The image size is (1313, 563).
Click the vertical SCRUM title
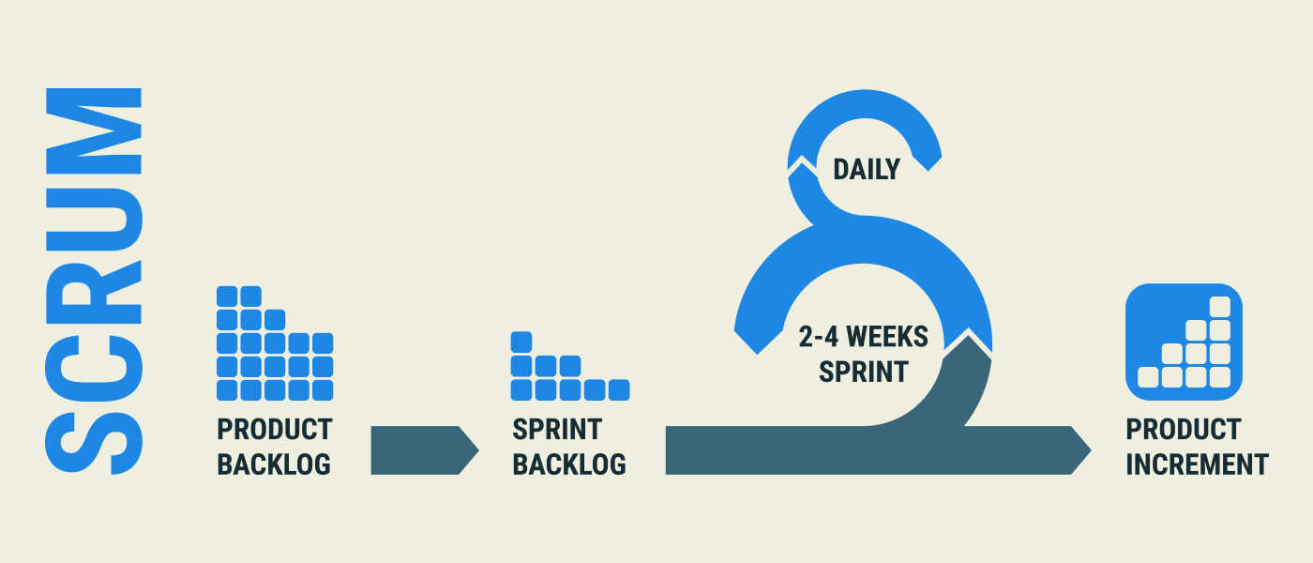click(x=94, y=281)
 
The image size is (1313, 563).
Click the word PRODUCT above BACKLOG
click(x=274, y=430)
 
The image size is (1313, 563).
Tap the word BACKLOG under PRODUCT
click(x=274, y=464)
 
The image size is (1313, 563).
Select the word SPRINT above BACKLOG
click(x=557, y=430)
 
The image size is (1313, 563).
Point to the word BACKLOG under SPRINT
click(x=569, y=464)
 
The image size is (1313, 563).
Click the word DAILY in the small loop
click(x=867, y=170)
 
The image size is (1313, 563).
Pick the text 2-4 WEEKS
click(x=864, y=337)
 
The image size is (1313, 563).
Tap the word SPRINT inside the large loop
click(x=864, y=372)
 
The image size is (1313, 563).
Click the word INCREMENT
click(x=1197, y=464)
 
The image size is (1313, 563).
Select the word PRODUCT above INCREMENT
click(x=1184, y=430)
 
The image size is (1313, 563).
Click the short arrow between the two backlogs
click(x=425, y=450)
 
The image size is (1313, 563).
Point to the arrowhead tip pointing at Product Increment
click(x=1091, y=450)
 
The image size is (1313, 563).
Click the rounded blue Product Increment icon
click(x=1184, y=342)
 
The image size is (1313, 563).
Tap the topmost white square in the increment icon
click(x=1220, y=307)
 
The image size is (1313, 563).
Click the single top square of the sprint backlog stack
click(x=521, y=342)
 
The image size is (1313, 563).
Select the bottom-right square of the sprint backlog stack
click(x=619, y=390)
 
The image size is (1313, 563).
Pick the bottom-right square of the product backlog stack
click(x=323, y=390)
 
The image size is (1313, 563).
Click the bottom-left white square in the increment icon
click(x=1148, y=377)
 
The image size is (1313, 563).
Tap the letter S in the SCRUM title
click(x=94, y=443)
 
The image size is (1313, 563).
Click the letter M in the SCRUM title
click(x=94, y=130)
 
